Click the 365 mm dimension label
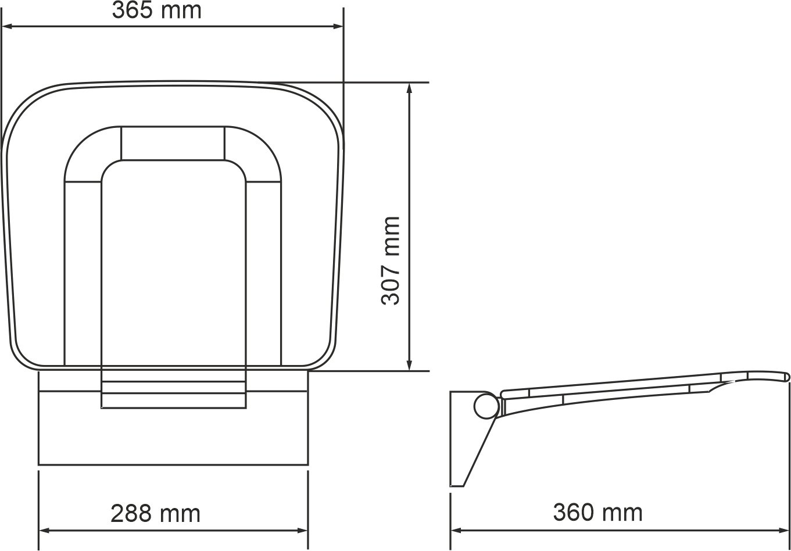156,10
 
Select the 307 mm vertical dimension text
391,260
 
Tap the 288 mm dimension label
155,514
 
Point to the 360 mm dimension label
597,513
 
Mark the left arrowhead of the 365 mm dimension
7,26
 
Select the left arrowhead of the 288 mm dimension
44,531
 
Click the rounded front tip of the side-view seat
787,377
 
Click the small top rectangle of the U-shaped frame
173,142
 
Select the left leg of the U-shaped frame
83,273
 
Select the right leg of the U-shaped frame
264,273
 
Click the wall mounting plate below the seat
173,436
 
